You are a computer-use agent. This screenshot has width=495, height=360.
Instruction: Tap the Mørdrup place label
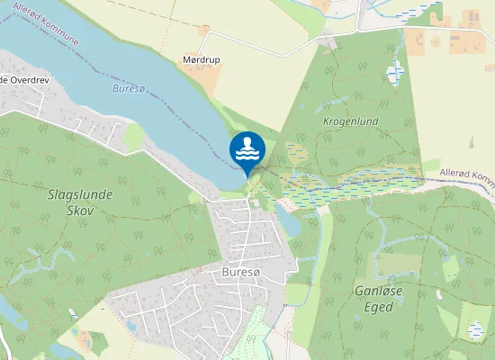tap(202, 60)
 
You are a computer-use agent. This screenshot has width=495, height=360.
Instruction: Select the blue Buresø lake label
tap(130, 89)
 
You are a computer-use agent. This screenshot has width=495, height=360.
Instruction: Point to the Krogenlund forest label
tap(350, 121)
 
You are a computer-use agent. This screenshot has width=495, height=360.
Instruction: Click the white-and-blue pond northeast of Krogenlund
tap(395, 74)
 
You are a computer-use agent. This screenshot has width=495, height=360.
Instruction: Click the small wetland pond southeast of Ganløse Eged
tap(474, 330)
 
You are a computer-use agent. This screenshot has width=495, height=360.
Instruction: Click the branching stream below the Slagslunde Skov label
tap(45, 261)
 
